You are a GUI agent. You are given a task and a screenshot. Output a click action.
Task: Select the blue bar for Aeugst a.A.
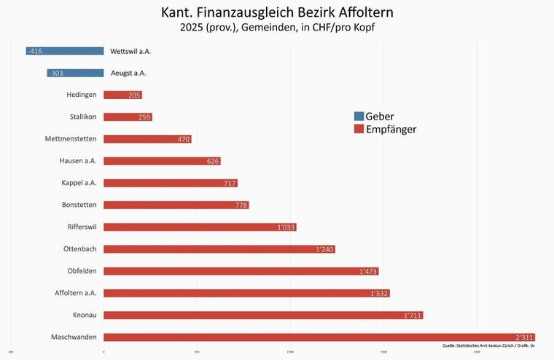(75, 73)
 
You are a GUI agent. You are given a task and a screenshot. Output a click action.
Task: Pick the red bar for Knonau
(263, 315)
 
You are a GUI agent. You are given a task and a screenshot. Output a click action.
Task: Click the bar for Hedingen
(122, 95)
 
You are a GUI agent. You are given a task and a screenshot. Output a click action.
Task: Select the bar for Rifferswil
(200, 227)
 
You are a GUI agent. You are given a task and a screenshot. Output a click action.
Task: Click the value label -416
(34, 51)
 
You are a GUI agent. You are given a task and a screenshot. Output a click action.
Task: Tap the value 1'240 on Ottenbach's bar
(324, 249)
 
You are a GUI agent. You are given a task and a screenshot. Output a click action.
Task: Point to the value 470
(184, 139)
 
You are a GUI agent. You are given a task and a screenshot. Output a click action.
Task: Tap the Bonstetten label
(79, 205)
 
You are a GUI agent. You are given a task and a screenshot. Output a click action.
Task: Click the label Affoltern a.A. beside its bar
(75, 292)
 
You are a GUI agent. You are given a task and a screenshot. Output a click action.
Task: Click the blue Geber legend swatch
(358, 117)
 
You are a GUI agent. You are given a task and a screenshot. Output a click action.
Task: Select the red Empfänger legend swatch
(358, 129)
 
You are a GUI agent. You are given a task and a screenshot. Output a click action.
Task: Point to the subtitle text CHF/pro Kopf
(342, 28)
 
